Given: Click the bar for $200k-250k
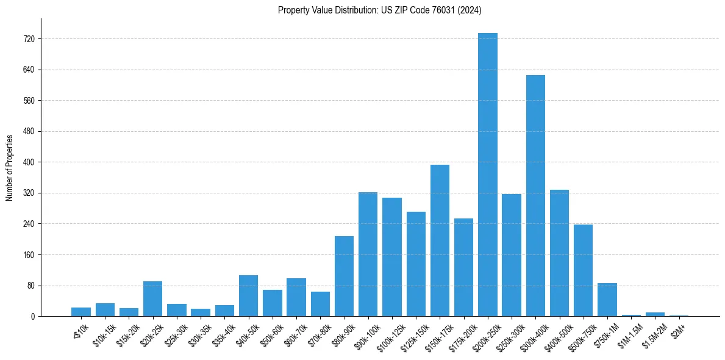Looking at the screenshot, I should (487, 175).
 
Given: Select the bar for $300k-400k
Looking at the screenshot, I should (535, 195).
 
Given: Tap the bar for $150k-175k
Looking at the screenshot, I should (440, 240).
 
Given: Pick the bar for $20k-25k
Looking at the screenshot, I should (152, 298).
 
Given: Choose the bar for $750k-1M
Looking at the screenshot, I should (607, 300).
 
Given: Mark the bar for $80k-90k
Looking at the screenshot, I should (344, 276).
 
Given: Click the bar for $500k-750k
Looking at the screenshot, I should (583, 270).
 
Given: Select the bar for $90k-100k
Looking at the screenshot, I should (368, 254).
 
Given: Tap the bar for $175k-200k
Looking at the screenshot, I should (463, 267).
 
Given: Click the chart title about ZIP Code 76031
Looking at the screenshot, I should (380, 10).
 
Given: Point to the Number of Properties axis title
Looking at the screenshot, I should (9, 167).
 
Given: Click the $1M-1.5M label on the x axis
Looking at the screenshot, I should (629, 336).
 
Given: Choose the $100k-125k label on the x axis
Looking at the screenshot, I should (388, 337).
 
